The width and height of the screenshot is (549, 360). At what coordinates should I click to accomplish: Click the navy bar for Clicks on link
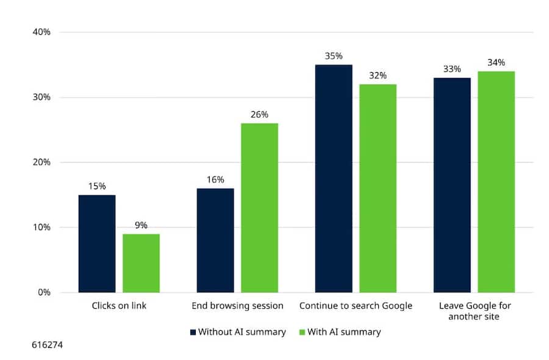click(97, 243)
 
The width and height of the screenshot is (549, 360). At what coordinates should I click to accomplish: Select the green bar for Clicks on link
click(141, 263)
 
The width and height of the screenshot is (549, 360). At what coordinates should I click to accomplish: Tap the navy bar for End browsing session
click(215, 240)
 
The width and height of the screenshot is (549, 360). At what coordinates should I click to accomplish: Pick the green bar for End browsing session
click(259, 208)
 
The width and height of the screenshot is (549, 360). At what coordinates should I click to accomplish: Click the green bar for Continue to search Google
click(378, 189)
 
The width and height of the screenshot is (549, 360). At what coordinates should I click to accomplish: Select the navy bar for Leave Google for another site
click(452, 185)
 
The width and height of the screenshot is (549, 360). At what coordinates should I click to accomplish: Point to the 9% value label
click(141, 225)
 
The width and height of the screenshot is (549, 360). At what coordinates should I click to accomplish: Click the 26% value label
click(259, 115)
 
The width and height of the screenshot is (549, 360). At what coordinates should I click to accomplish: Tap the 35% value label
click(334, 56)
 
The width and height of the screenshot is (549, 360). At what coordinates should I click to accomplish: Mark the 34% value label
click(496, 62)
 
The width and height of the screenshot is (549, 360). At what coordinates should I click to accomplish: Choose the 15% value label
click(97, 186)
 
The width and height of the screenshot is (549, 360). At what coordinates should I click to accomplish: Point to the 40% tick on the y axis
click(41, 32)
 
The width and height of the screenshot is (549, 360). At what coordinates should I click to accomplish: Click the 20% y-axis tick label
click(41, 162)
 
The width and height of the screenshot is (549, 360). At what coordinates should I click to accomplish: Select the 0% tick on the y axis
click(43, 292)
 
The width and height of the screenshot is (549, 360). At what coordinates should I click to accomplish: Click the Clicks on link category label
click(119, 306)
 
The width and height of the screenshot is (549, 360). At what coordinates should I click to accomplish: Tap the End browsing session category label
click(237, 306)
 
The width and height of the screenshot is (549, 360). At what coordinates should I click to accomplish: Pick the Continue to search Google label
click(356, 306)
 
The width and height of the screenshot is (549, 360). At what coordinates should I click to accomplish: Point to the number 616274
click(47, 345)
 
